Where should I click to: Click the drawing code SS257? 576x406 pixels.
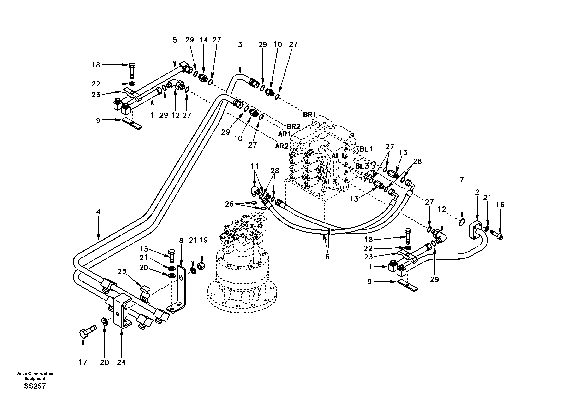click(x=35, y=386)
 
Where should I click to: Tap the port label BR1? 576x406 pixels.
click(x=309, y=114)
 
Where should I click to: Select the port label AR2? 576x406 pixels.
click(x=282, y=146)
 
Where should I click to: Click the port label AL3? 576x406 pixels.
click(x=330, y=182)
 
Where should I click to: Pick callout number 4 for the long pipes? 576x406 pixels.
click(x=98, y=212)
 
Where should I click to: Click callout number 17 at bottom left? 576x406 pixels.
click(x=83, y=362)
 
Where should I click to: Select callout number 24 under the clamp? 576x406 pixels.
click(x=121, y=362)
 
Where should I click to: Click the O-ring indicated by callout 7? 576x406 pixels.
click(x=462, y=222)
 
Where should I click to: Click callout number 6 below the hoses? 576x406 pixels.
click(x=327, y=257)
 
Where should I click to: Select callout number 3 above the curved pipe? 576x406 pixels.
click(x=240, y=45)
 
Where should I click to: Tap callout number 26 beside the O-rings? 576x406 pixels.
click(x=229, y=204)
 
